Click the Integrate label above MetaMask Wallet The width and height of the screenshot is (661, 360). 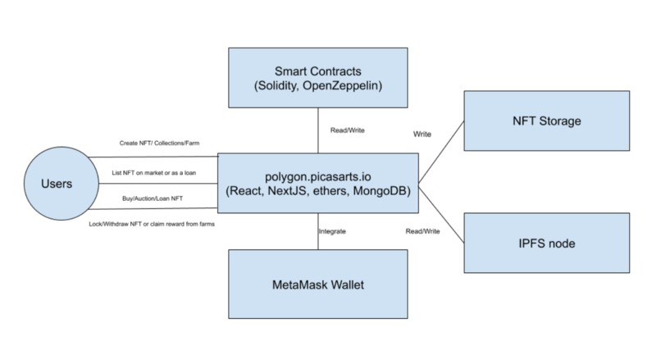point(331,232)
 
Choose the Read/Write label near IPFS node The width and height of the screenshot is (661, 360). point(422,232)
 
